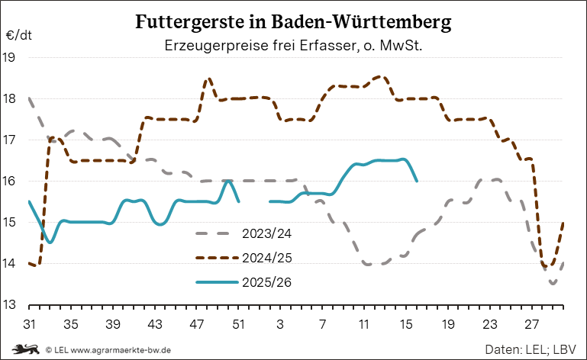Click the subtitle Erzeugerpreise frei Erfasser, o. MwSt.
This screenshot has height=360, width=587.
pos(293,47)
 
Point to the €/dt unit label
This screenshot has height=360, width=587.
pos(18,36)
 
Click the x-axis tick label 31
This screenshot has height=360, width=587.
pos(29,323)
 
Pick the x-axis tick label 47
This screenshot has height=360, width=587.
pos(196,323)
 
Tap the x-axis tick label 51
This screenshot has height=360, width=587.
pos(238,323)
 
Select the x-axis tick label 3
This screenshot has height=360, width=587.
pos(280,323)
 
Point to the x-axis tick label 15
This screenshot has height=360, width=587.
pos(405,323)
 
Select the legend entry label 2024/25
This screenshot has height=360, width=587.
pos(267,258)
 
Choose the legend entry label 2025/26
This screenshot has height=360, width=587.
pos(267,282)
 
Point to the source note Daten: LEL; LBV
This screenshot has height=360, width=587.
pos(531,349)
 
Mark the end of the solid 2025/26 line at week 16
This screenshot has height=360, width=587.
pos(416,181)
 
